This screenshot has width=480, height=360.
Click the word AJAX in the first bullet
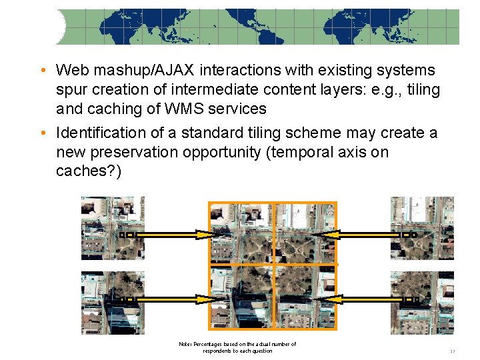(154, 70)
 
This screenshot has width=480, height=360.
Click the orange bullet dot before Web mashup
(42, 71)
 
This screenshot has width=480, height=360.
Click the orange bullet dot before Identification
(42, 133)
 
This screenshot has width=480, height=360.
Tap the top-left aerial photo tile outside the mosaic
(112, 227)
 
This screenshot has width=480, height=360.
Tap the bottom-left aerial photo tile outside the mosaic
(112, 302)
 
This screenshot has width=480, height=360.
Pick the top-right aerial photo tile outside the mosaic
(422, 227)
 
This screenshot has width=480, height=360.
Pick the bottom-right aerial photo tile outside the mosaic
(422, 302)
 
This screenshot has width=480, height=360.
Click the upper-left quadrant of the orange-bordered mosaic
(241, 233)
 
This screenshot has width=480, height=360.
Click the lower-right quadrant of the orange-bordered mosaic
(305, 297)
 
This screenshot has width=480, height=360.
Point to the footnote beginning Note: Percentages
(237, 347)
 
